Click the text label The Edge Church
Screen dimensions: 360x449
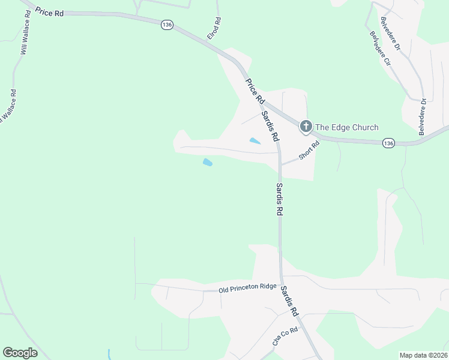point(347,127)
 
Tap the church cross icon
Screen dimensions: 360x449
point(306,126)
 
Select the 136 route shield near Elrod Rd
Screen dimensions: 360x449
point(167,24)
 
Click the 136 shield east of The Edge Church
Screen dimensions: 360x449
point(388,143)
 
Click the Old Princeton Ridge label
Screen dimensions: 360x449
point(247,289)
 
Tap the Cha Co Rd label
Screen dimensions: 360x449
point(285,337)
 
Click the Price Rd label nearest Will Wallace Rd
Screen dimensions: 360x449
point(50,12)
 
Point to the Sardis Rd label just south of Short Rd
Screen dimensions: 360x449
point(279,200)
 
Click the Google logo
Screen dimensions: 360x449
point(20,353)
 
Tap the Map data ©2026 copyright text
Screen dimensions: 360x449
point(423,355)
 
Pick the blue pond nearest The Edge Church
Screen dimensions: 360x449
point(255,142)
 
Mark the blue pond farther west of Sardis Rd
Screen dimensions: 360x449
point(208,162)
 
